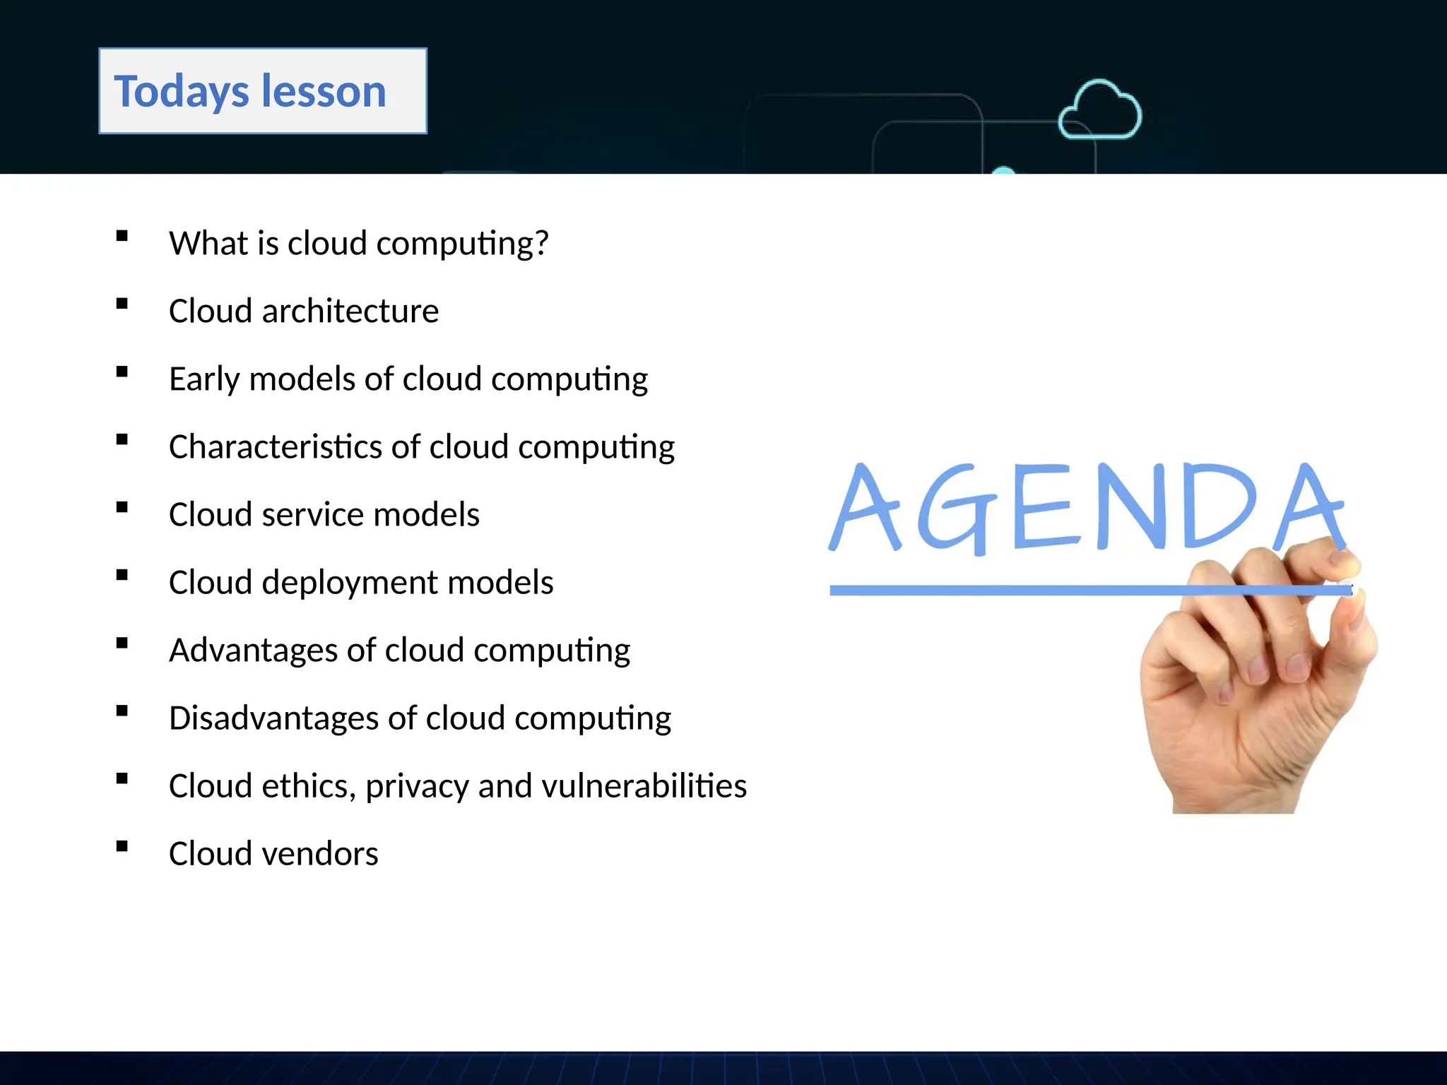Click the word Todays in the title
coord(182,92)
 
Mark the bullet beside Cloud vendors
coord(122,846)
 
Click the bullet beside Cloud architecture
coord(122,304)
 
